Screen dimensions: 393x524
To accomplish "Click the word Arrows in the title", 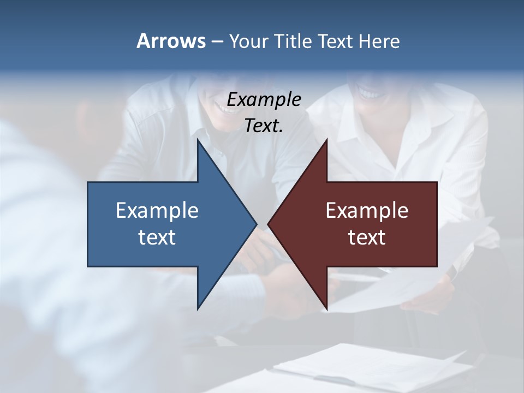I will click(171, 41).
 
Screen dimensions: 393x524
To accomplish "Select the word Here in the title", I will click(379, 41).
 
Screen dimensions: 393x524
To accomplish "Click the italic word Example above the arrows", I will click(264, 100).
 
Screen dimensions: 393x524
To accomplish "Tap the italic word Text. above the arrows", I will click(264, 126).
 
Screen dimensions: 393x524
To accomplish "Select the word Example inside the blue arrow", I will click(157, 210).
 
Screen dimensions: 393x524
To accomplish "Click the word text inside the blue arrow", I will click(157, 237).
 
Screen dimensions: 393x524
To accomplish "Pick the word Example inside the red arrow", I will click(367, 210).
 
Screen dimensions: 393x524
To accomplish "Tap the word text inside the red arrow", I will click(367, 237).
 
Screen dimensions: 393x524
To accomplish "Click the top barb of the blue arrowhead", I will click(199, 143).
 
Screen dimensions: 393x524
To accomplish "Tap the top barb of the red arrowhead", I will click(326, 143).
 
